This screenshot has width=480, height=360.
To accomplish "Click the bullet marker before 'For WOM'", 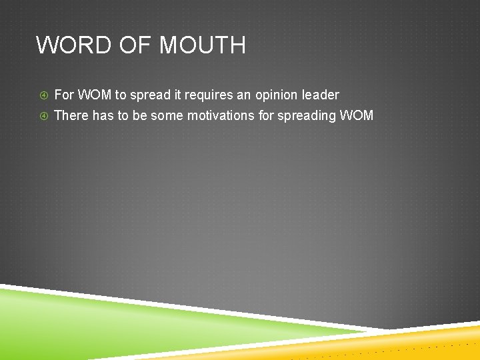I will point(43,95).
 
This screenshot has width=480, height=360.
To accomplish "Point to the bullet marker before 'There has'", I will point(43,116).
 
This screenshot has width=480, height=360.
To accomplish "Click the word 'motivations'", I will point(220,115).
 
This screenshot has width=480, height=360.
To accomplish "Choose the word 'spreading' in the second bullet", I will point(306,116).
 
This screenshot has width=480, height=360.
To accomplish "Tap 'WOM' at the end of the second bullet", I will point(357,115).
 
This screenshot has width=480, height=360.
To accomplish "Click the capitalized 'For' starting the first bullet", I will point(64,95).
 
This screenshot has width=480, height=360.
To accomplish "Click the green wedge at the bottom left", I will point(100,327).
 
